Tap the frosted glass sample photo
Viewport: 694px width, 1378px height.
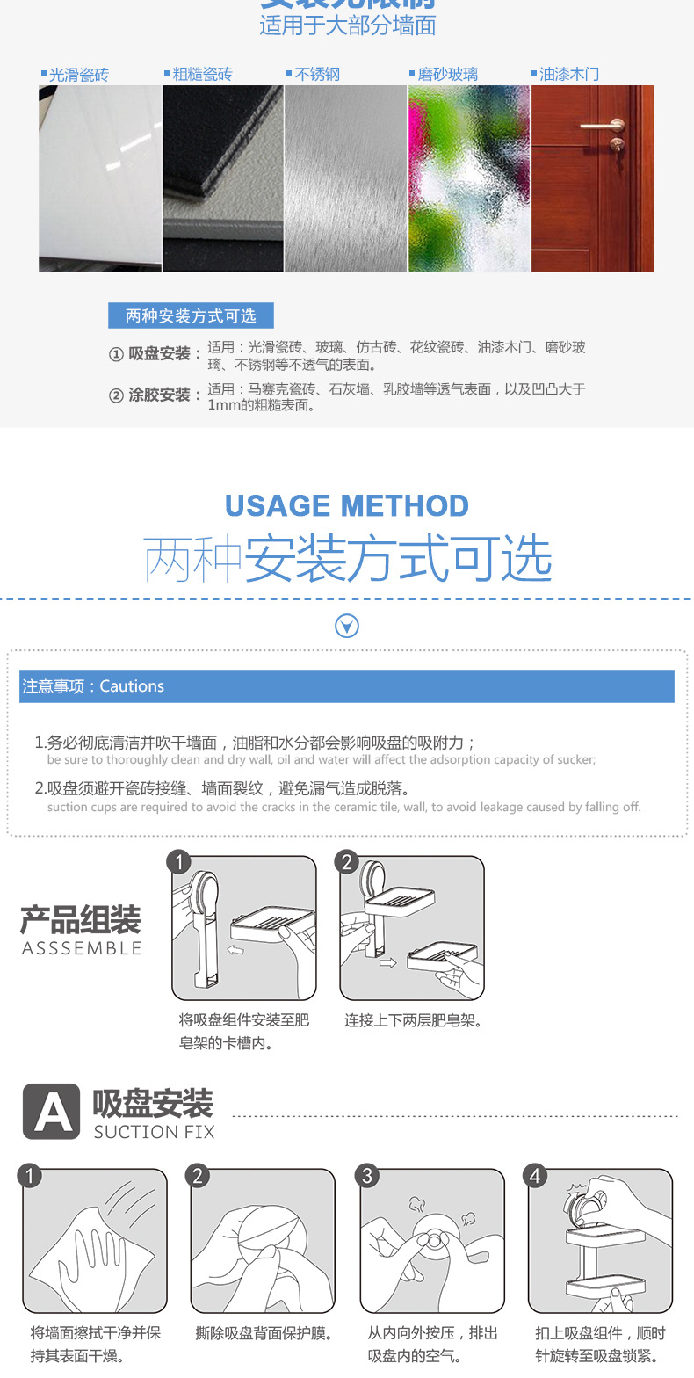(x=469, y=178)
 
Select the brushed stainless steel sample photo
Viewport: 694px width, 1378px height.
(x=345, y=178)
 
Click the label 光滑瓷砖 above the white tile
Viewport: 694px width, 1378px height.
(x=78, y=75)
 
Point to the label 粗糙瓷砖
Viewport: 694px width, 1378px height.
(x=202, y=75)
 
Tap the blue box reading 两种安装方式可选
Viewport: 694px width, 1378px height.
(x=191, y=315)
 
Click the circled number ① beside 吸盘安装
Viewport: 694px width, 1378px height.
(x=116, y=354)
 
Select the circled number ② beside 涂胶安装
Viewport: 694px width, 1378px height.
(x=116, y=395)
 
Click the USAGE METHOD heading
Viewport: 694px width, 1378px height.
(x=347, y=506)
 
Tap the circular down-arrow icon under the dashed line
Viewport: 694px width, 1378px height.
(x=348, y=626)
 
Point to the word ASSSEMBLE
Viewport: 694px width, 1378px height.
(x=82, y=948)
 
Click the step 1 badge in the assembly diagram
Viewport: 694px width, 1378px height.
(x=179, y=862)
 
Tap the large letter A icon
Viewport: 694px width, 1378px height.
(x=52, y=1112)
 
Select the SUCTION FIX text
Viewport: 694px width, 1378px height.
(x=154, y=1132)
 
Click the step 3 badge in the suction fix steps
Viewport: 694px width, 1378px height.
(x=367, y=1176)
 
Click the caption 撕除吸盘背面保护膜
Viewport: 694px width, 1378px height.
(x=263, y=1333)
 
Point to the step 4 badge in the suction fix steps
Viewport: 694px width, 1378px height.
(x=536, y=1176)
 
